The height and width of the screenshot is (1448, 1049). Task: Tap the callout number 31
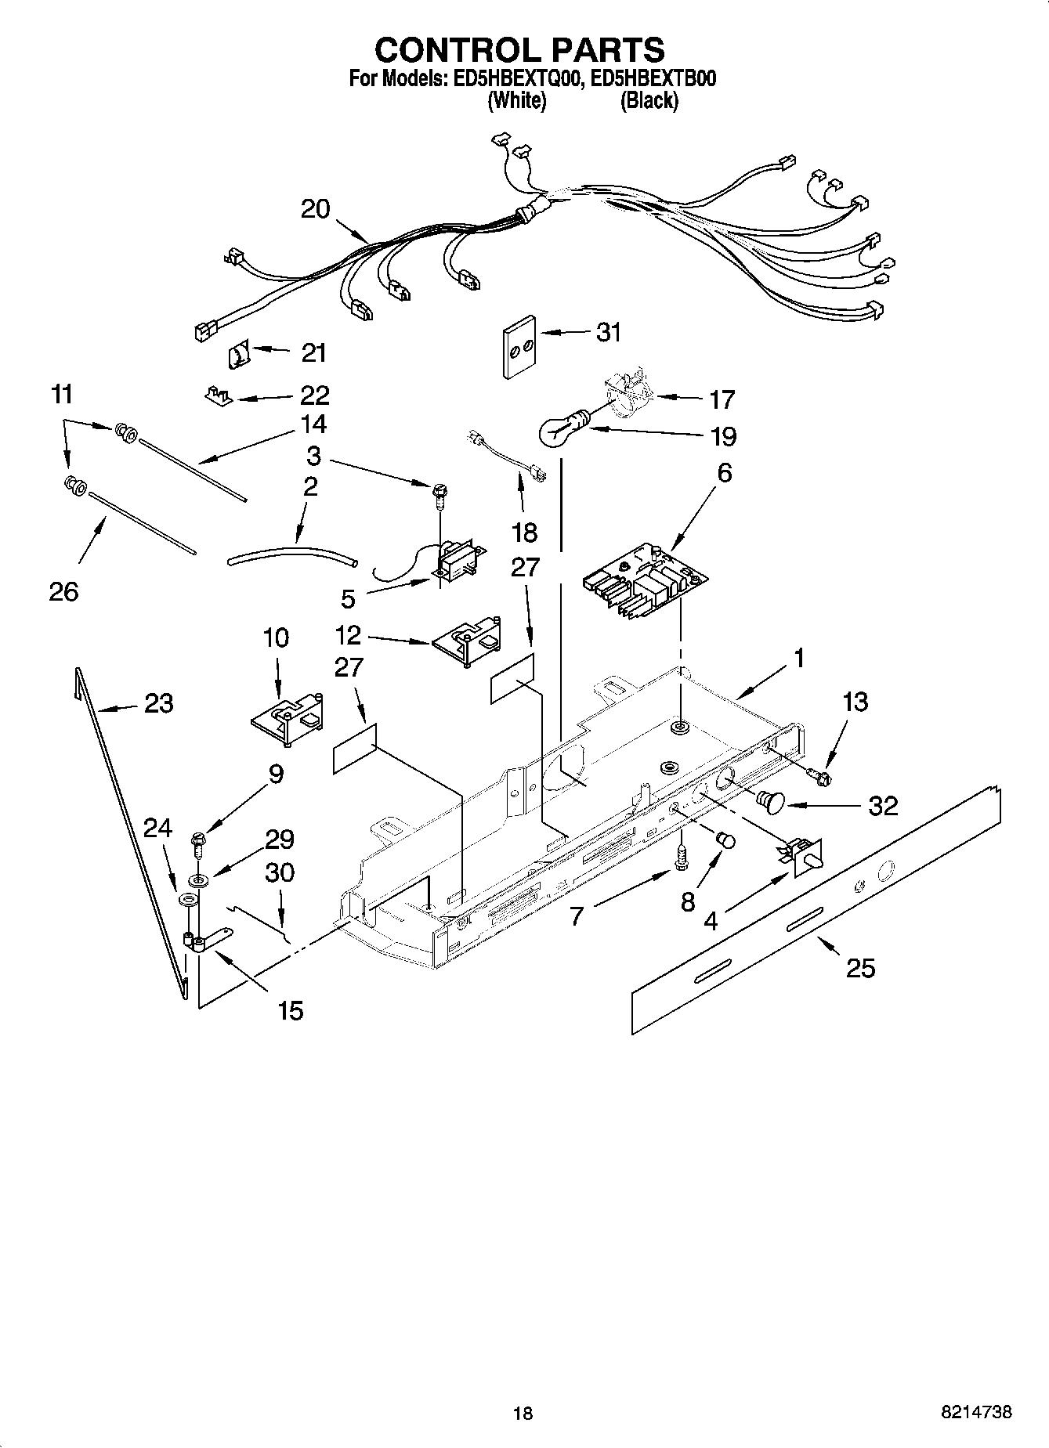coord(608,332)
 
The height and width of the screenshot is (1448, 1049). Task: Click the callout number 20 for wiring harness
coord(316,209)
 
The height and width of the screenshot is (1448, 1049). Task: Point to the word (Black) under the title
coord(649,101)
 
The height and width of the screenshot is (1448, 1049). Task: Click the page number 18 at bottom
coord(523,1413)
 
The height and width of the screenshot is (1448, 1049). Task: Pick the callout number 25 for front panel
coord(860,968)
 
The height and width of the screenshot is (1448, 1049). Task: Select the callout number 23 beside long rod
coord(158,703)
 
